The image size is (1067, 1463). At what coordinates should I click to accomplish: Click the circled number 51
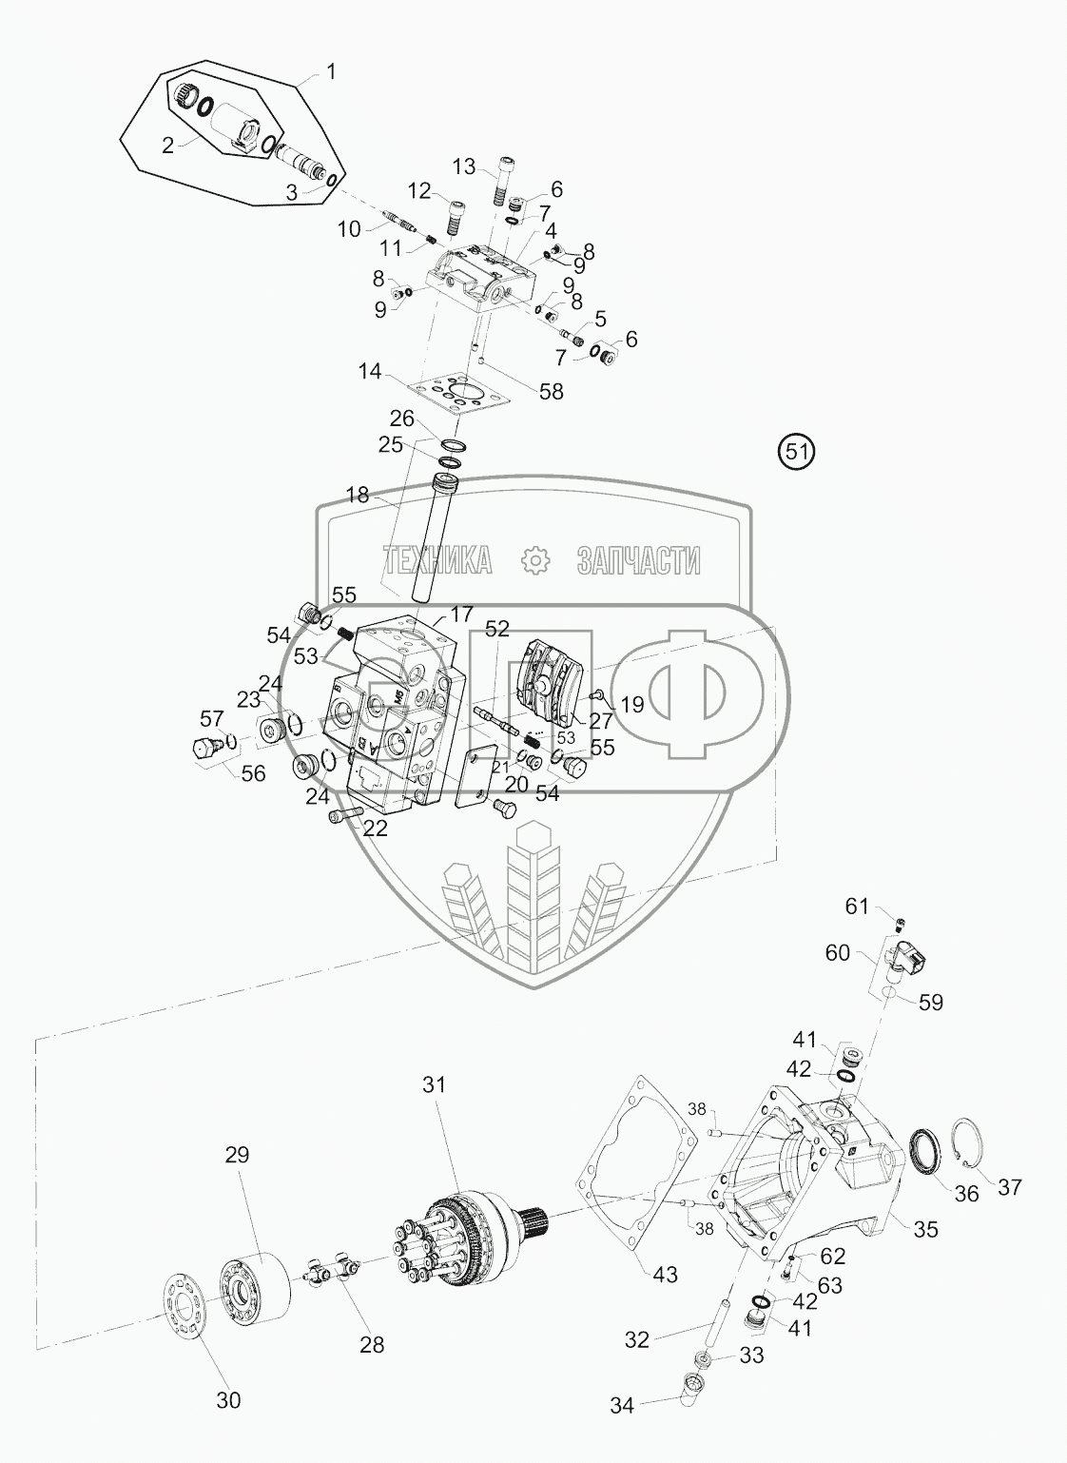[x=797, y=452]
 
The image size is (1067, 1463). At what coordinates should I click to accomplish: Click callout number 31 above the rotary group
[x=435, y=1084]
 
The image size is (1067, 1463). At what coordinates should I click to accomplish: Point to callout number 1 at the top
[x=331, y=70]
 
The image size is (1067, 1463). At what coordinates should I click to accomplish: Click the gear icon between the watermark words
[x=536, y=560]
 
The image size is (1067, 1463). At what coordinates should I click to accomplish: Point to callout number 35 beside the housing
[x=924, y=1230]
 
